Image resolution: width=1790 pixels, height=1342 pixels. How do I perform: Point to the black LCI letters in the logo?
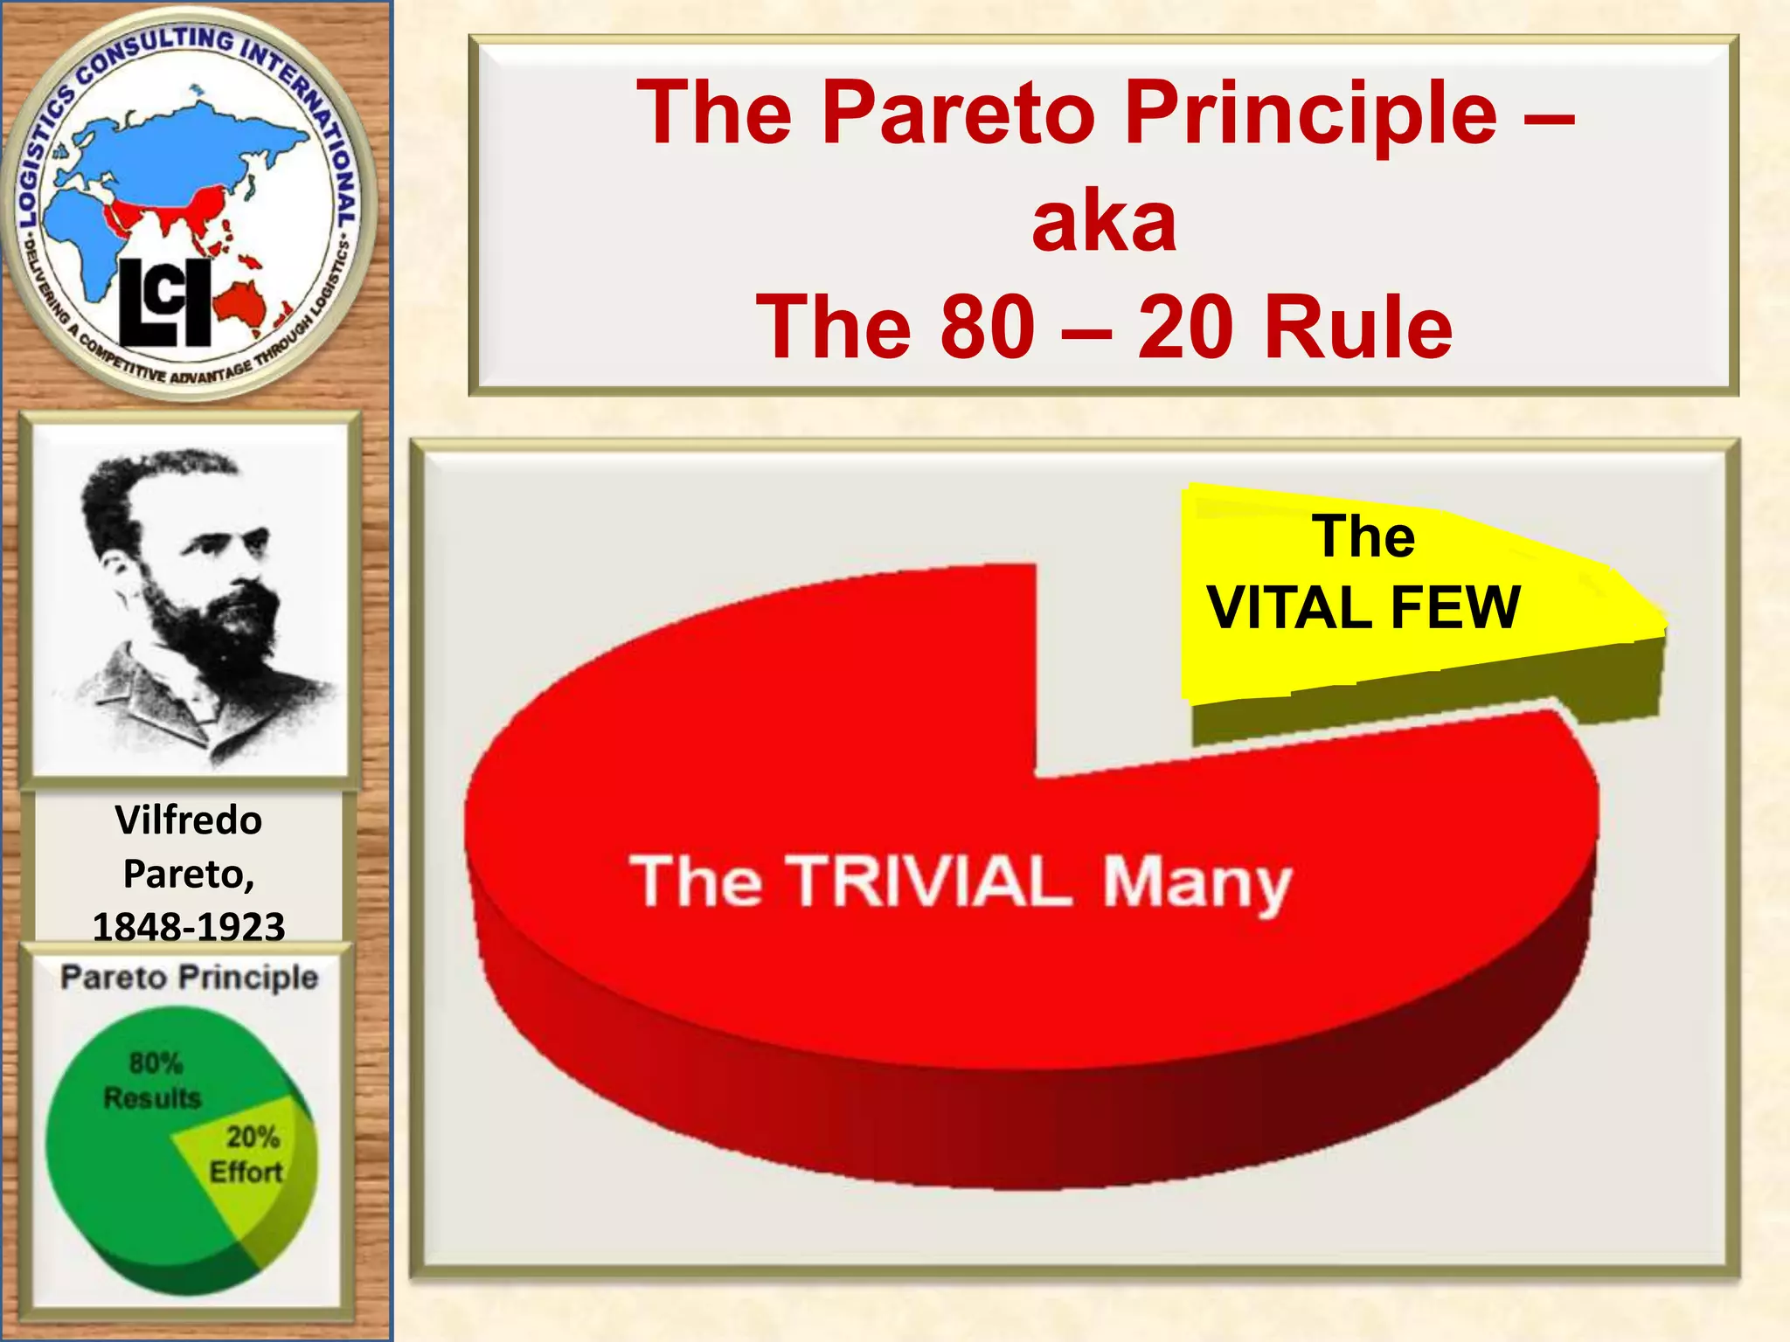[x=164, y=302]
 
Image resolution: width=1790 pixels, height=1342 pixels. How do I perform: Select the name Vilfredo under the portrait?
[x=188, y=820]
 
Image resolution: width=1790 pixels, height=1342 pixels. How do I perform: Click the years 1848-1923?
[x=188, y=926]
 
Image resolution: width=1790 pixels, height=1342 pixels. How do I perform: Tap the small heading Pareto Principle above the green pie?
[x=189, y=977]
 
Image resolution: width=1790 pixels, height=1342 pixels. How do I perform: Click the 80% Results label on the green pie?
[x=154, y=1081]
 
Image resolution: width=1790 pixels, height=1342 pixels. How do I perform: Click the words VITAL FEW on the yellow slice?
[x=1363, y=607]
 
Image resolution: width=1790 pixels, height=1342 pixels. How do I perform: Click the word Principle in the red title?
[x=1311, y=114]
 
